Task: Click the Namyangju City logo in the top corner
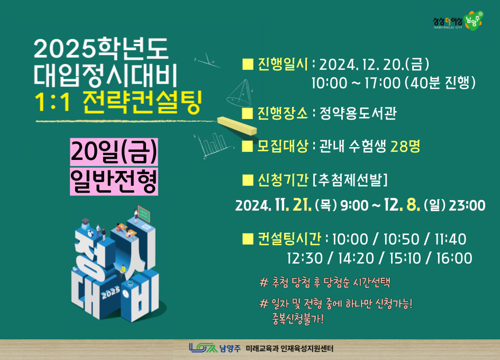[458, 21]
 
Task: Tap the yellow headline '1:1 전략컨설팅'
[119, 103]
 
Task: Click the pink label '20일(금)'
[114, 152]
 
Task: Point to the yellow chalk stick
[237, 126]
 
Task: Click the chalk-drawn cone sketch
[239, 93]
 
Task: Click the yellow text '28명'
[405, 146]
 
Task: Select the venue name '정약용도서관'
[358, 113]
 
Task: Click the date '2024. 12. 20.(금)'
[374, 65]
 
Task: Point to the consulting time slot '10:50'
[401, 239]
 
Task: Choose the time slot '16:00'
[454, 258]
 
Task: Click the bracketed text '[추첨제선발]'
[350, 180]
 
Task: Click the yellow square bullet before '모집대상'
[248, 147]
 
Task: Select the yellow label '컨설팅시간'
[289, 239]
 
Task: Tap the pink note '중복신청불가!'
[298, 319]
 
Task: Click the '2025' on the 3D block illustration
[111, 292]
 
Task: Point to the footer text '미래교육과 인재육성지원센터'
[289, 348]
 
